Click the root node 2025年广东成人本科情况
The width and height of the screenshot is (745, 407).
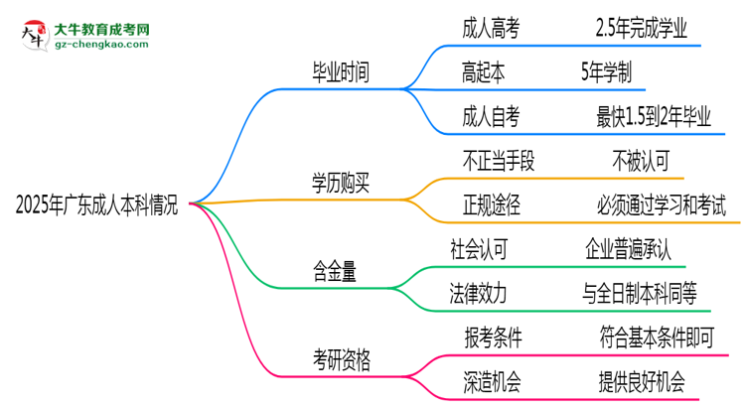point(96,205)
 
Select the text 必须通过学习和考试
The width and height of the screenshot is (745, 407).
point(662,206)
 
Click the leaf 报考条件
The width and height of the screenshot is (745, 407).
point(494,338)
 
